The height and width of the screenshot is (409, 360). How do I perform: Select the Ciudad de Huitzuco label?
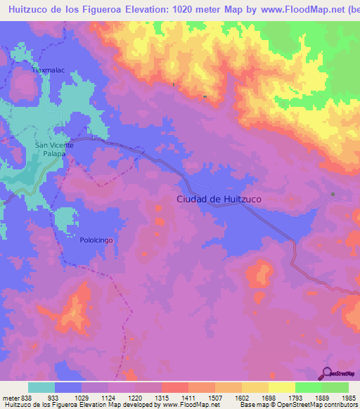click(219, 200)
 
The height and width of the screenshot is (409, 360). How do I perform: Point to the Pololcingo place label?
click(96, 240)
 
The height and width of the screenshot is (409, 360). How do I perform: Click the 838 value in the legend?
click(27, 396)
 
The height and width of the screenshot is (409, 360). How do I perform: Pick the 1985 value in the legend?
click(348, 396)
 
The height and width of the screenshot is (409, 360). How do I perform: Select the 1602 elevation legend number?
click(243, 396)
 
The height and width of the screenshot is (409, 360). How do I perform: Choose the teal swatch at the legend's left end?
click(41, 387)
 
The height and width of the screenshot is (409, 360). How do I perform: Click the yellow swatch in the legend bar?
click(282, 387)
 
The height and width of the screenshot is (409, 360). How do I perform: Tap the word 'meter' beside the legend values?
click(11, 396)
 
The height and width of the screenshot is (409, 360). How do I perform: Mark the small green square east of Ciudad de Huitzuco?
click(333, 195)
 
